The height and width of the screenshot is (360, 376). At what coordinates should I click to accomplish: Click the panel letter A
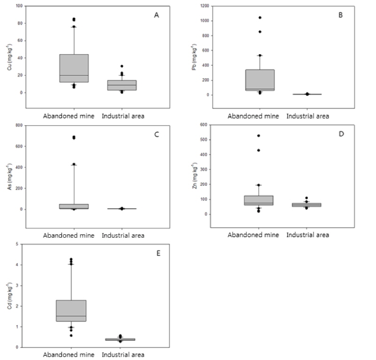(x=157, y=15)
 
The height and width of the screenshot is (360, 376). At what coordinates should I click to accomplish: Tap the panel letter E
(x=158, y=253)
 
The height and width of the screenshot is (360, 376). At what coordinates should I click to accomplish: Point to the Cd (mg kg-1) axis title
(x=10, y=295)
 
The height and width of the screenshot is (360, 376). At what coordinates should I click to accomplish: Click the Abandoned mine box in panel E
(x=71, y=311)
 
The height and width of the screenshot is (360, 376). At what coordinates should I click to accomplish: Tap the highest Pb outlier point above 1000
(x=260, y=18)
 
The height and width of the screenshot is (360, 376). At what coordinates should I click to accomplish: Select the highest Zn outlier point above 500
(x=258, y=136)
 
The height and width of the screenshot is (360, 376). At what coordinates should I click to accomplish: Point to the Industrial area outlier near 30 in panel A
(x=121, y=66)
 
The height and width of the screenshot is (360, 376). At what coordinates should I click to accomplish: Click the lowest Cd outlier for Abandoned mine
(x=71, y=335)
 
